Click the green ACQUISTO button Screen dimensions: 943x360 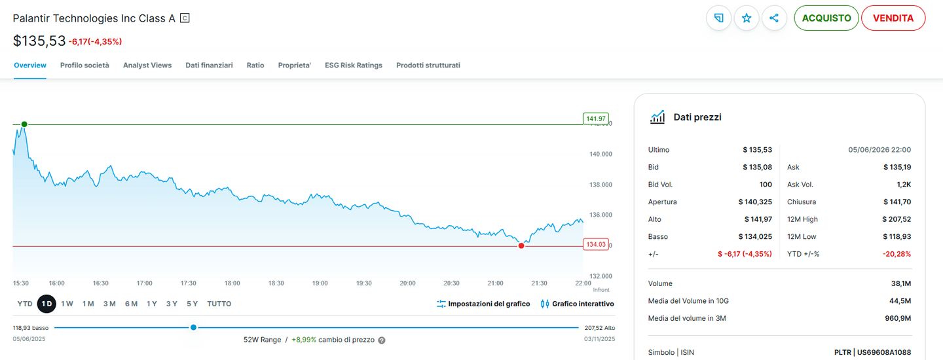click(x=826, y=18)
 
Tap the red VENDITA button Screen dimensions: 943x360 click(x=893, y=18)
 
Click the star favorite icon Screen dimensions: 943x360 click(x=747, y=18)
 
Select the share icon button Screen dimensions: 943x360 click(x=774, y=18)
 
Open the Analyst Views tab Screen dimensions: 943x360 click(x=147, y=65)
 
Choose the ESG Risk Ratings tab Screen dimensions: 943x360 click(x=354, y=65)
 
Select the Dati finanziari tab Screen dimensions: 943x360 click(x=210, y=65)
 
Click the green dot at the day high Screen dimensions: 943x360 click(x=24, y=124)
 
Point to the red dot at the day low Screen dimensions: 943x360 click(x=521, y=245)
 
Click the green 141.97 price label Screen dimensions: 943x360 click(x=596, y=118)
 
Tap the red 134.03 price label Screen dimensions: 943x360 click(x=596, y=244)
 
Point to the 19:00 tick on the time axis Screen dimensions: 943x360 click(x=320, y=283)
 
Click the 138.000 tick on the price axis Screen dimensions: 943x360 click(x=601, y=185)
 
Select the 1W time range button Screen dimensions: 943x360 click(x=67, y=304)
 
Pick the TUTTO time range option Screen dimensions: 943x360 click(x=219, y=304)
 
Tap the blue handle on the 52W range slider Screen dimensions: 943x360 click(x=193, y=327)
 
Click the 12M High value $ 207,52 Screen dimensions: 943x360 click(x=897, y=219)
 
